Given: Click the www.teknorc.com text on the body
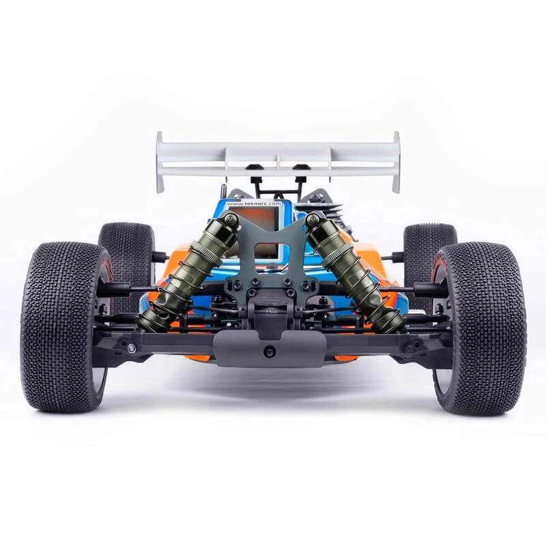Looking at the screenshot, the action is pos(253,203).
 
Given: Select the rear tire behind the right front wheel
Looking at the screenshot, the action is pos(431,254).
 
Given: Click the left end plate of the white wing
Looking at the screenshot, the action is pos(160,162).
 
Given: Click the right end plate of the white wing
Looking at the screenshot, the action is pos(397,162).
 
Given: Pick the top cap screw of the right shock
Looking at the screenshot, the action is pos(312,219).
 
